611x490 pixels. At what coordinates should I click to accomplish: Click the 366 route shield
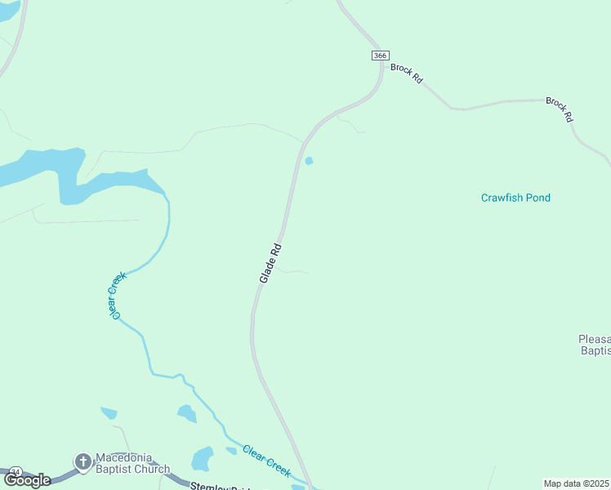[x=379, y=55]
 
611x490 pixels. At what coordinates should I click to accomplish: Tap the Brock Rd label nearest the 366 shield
[x=406, y=73]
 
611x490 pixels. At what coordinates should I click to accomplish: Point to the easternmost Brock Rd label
[x=560, y=109]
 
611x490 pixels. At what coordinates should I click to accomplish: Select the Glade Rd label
[x=270, y=263]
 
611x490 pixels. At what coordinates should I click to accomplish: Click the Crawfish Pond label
[x=515, y=198]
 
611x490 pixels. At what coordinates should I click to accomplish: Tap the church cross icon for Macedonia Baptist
[x=83, y=462]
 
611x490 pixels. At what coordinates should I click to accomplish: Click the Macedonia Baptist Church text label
[x=132, y=463]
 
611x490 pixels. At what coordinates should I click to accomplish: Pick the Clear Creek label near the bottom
[x=267, y=461]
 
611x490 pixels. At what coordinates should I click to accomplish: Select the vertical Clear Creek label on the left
[x=115, y=294]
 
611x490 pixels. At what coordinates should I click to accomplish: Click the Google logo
[x=27, y=480]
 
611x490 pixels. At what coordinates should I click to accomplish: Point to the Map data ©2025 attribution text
[x=577, y=483]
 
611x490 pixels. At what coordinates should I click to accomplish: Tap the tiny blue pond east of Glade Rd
[x=309, y=161]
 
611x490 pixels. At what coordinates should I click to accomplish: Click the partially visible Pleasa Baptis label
[x=594, y=345]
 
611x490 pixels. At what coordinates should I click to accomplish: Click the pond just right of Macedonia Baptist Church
[x=202, y=459]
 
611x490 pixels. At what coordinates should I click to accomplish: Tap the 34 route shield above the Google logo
[x=16, y=471]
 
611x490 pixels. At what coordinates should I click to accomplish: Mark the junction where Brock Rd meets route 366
[x=381, y=64]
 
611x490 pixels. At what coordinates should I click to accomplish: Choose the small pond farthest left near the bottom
[x=109, y=413]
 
